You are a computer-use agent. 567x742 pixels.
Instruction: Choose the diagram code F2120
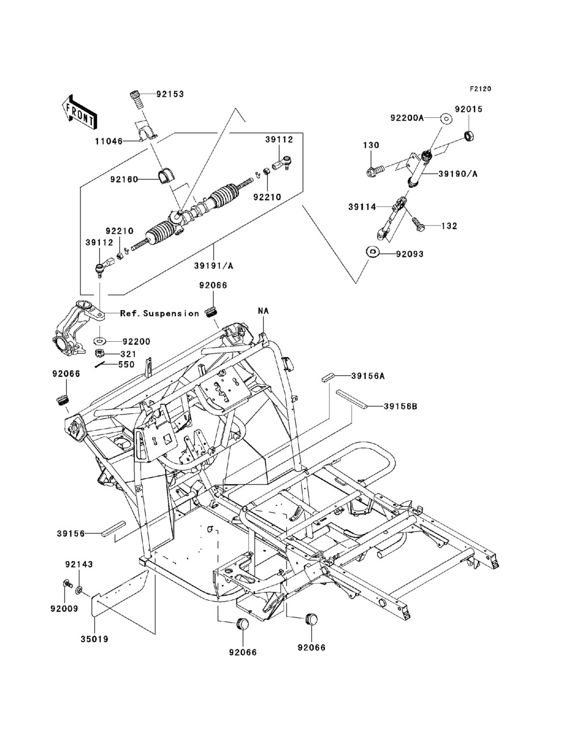pyautogui.click(x=480, y=89)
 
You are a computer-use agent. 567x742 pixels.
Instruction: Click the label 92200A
pyautogui.click(x=423, y=118)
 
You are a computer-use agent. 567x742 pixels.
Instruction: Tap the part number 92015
pyautogui.click(x=469, y=109)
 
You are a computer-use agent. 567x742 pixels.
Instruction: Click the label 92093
pyautogui.click(x=410, y=255)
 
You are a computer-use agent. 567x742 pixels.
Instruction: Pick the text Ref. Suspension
pyautogui.click(x=159, y=313)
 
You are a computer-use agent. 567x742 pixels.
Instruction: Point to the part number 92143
pyautogui.click(x=79, y=565)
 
